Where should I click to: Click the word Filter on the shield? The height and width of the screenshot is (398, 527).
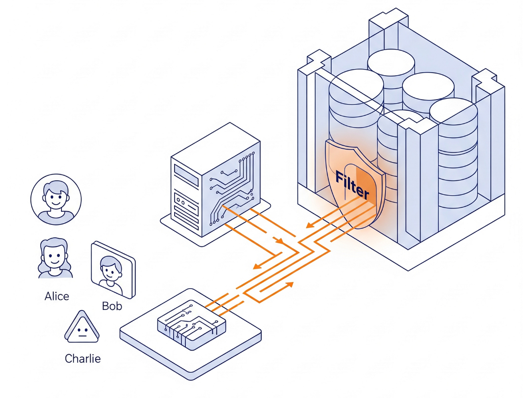352,185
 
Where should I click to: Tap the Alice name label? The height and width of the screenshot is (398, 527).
57,296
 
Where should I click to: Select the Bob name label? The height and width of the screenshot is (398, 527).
112,305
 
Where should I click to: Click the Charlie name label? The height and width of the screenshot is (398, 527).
83,358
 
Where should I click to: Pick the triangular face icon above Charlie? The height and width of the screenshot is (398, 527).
82,328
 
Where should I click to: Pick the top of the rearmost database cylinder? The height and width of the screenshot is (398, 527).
391,62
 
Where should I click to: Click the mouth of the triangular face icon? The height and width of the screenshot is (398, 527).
82,335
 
